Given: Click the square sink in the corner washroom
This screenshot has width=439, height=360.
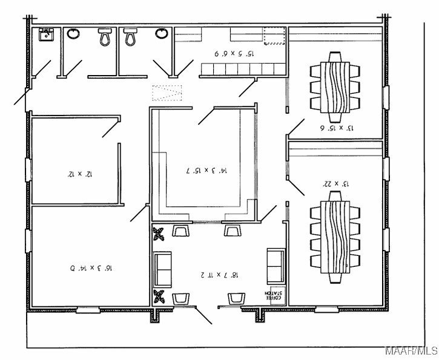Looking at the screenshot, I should pyautogui.click(x=45, y=34).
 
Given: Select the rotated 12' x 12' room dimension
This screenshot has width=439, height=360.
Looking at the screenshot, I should pyautogui.click(x=80, y=174).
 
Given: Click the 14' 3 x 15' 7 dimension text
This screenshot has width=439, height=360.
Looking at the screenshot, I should pyautogui.click(x=206, y=171).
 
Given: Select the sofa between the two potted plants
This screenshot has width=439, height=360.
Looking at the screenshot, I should pyautogui.click(x=163, y=269).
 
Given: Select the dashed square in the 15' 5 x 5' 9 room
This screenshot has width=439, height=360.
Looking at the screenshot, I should pyautogui.click(x=273, y=38).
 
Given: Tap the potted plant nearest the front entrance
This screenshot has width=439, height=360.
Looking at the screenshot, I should pyautogui.click(x=160, y=296).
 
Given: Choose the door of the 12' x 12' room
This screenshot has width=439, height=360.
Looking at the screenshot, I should pyautogui.click(x=110, y=128).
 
